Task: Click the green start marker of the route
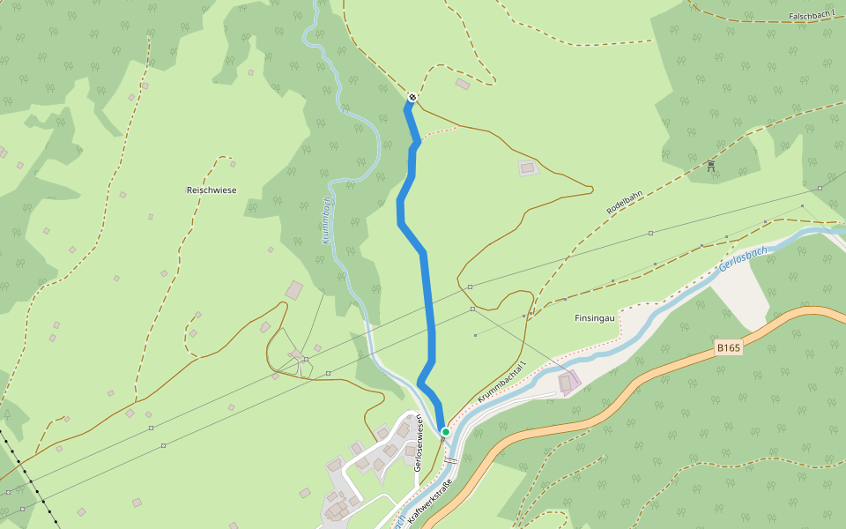(x=446, y=431)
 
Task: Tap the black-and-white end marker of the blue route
(x=412, y=97)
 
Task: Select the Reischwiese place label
(x=211, y=190)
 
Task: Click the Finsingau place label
(x=595, y=317)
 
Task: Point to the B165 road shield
(x=729, y=348)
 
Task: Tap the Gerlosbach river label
(x=743, y=258)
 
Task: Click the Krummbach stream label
(x=326, y=220)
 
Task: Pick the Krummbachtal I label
(x=501, y=383)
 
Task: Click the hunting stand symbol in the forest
(x=710, y=165)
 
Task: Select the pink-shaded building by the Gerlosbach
(x=568, y=383)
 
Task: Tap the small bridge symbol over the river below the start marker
(x=451, y=460)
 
